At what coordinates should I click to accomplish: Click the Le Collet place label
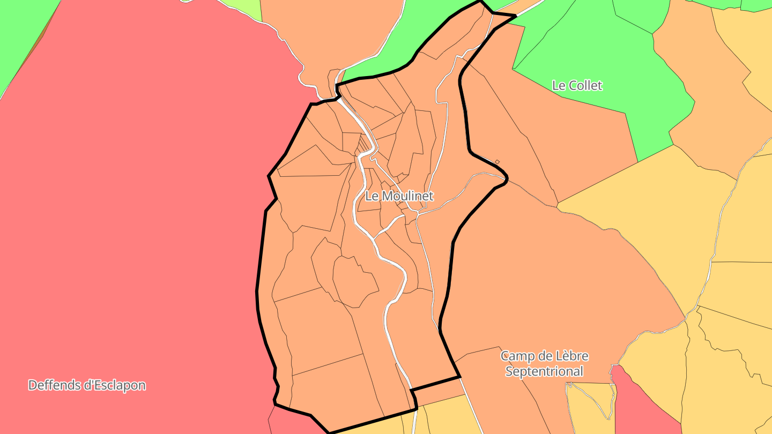[577, 85]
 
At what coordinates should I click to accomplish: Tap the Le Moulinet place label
[399, 196]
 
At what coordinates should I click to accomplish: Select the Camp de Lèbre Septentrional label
[544, 363]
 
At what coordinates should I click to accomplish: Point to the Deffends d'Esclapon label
[87, 385]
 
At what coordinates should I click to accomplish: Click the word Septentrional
[544, 371]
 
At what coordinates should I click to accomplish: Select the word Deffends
[53, 385]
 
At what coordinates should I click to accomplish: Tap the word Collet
[585, 85]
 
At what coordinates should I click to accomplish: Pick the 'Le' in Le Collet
[559, 85]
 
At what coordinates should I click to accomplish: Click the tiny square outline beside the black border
[498, 162]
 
